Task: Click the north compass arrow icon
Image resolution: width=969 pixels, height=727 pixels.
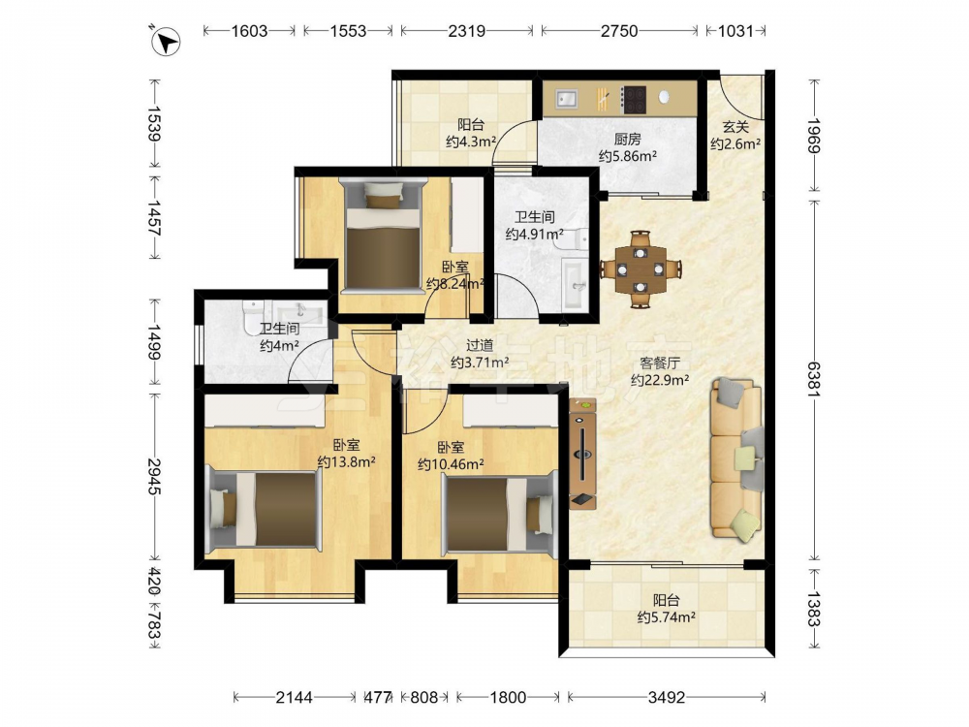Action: click(166, 42)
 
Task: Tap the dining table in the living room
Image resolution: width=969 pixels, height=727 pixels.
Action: click(641, 269)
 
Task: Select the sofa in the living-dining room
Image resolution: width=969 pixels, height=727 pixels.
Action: click(737, 459)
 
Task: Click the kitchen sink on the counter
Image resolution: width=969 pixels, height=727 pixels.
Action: click(566, 98)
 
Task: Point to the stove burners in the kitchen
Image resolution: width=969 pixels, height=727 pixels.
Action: click(634, 100)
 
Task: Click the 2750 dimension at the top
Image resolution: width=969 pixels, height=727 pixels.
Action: click(618, 31)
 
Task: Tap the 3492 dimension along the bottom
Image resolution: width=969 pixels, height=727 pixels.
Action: click(667, 697)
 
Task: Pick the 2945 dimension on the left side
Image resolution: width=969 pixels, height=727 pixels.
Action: click(154, 477)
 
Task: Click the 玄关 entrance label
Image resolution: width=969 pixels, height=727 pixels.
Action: click(735, 127)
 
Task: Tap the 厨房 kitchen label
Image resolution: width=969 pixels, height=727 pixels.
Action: click(627, 140)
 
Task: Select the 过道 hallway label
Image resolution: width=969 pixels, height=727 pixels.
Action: click(480, 346)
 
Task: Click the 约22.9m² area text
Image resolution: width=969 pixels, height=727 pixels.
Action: click(660, 380)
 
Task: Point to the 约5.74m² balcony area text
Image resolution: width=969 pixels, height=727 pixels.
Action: click(667, 616)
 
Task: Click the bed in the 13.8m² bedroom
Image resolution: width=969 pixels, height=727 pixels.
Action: click(265, 510)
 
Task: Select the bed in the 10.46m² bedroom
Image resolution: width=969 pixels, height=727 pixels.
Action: click(500, 513)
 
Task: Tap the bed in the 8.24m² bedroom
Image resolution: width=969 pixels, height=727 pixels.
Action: click(383, 234)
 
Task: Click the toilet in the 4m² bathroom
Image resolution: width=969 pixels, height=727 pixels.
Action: click(253, 315)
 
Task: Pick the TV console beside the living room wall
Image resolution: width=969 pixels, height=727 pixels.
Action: click(582, 453)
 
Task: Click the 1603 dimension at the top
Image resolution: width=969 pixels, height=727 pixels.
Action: click(249, 31)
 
